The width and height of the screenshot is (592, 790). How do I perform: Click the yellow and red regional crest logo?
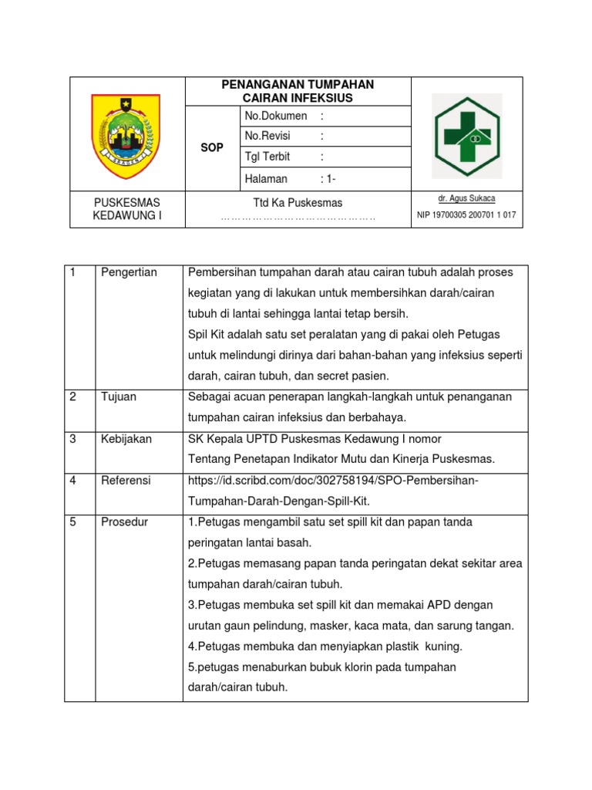pyautogui.click(x=126, y=133)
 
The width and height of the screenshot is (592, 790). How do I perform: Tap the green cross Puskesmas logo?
pyautogui.click(x=466, y=136)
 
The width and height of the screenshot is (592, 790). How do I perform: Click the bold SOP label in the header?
pyautogui.click(x=212, y=147)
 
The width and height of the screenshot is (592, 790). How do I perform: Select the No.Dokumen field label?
pyautogui.click(x=275, y=116)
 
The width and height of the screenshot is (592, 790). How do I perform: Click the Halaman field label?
pyautogui.click(x=266, y=178)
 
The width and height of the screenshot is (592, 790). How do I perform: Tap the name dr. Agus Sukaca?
pyautogui.click(x=466, y=198)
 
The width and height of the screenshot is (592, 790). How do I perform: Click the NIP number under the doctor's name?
pyautogui.click(x=466, y=214)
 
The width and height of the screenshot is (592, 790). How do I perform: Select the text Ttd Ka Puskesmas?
pyautogui.click(x=298, y=202)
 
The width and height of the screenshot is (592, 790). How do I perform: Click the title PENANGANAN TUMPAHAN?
pyautogui.click(x=298, y=84)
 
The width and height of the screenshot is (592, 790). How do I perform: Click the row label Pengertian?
pyautogui.click(x=129, y=272)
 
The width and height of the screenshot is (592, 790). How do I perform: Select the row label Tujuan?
pyautogui.click(x=119, y=397)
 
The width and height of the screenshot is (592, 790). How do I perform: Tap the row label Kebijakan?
pyautogui.click(x=126, y=438)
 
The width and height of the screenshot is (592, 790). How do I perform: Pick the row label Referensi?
pyautogui.click(x=126, y=480)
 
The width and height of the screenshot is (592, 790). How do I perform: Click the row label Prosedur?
pyautogui.click(x=125, y=522)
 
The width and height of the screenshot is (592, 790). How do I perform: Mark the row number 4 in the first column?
pyautogui.click(x=73, y=480)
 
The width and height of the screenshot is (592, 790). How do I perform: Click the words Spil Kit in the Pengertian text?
pyautogui.click(x=207, y=335)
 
